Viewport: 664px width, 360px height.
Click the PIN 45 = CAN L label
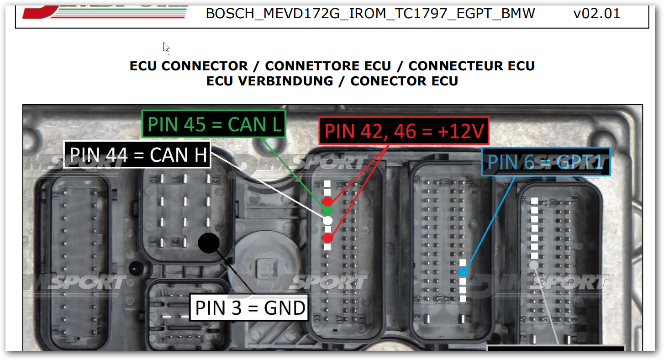click(214, 124)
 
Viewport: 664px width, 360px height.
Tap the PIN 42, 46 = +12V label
click(404, 131)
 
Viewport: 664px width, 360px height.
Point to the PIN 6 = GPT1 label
click(546, 162)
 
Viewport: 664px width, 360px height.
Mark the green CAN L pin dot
click(327, 211)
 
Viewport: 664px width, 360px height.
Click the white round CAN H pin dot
click(327, 220)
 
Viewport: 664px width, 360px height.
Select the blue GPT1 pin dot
click(463, 272)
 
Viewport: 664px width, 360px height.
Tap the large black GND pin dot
click(209, 243)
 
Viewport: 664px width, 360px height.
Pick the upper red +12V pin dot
click(327, 201)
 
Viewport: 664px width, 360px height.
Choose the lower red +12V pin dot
click(327, 238)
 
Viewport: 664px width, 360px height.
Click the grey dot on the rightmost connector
click(533, 265)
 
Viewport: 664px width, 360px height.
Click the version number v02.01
click(596, 14)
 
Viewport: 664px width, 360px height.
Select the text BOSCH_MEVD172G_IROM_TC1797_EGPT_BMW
click(370, 14)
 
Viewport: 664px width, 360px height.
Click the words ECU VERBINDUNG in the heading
click(269, 81)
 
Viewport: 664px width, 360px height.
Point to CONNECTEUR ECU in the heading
click(471, 66)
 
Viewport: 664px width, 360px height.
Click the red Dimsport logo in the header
click(105, 11)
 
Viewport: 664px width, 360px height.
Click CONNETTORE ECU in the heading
click(328, 66)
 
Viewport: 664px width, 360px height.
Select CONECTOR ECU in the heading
click(404, 81)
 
